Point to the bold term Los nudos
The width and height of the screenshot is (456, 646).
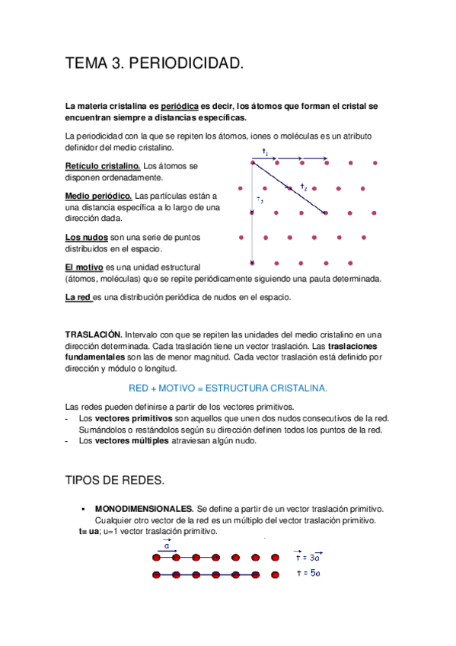[86, 237]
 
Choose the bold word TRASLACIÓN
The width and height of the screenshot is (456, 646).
[94, 334]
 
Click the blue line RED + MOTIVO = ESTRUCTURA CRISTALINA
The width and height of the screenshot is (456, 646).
[228, 388]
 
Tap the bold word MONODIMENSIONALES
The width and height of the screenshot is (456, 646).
[144, 508]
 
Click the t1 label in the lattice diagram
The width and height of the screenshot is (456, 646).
[265, 152]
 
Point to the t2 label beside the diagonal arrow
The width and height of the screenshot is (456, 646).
[304, 187]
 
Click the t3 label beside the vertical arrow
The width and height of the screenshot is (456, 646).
[260, 200]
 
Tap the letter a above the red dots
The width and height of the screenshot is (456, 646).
[167, 546]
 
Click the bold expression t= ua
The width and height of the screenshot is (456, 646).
[84, 531]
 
